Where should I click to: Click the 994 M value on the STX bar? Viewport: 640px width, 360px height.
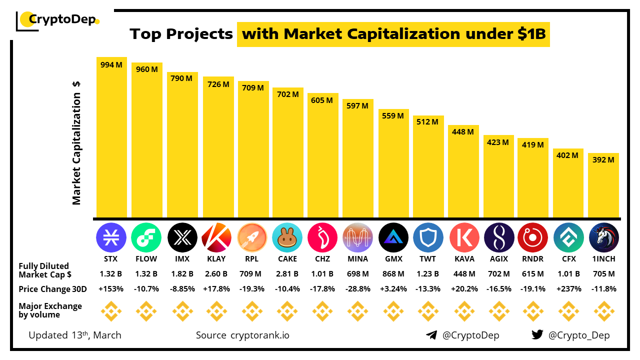coord(111,65)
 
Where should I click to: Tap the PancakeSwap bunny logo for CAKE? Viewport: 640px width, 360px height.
coord(287,237)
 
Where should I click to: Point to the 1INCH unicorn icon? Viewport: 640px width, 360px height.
coord(603,237)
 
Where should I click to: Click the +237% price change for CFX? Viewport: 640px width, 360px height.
coord(568,289)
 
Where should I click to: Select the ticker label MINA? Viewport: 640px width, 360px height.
coord(357,259)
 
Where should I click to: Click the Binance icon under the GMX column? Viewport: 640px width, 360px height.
coord(392,311)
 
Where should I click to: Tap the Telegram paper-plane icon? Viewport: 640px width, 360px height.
coord(431,335)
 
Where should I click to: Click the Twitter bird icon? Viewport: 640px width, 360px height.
coord(537,335)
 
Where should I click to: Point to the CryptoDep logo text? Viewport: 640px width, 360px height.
coord(61,20)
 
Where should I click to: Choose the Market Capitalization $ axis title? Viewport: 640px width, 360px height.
coord(76,143)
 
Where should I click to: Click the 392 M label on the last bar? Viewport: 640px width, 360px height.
coord(603,160)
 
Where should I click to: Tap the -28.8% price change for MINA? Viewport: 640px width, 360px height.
coord(357,289)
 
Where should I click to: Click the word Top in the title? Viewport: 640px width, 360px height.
coord(146,34)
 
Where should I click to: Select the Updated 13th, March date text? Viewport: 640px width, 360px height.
coord(75,335)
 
